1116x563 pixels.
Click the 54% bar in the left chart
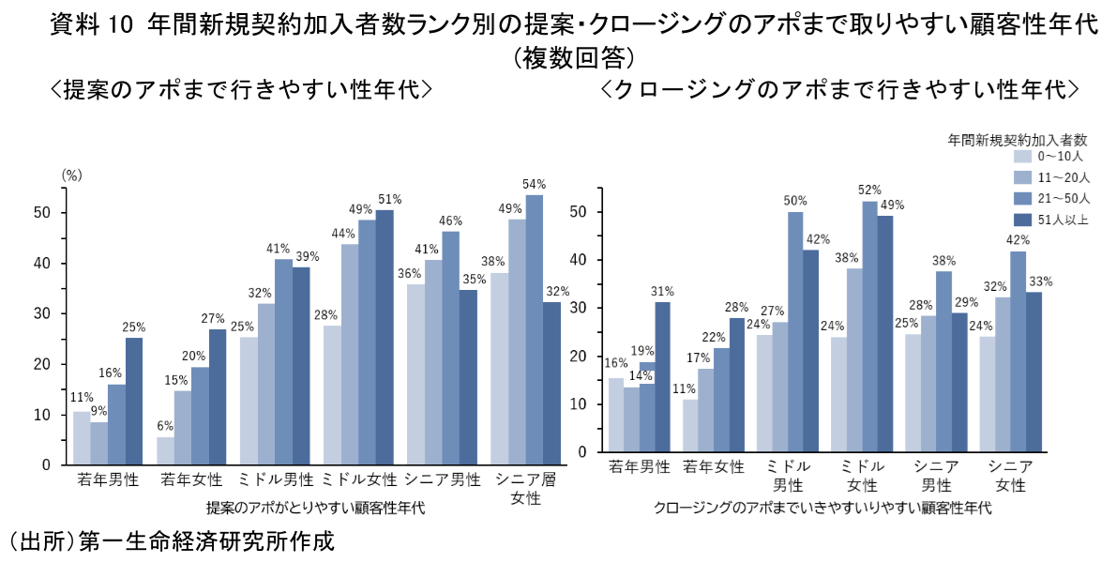pyautogui.click(x=535, y=329)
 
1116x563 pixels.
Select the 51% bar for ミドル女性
pyautogui.click(x=385, y=337)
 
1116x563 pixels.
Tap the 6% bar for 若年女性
pyautogui.click(x=165, y=450)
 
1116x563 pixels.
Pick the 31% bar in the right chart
pyautogui.click(x=662, y=376)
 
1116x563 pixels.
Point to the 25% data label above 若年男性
pyautogui.click(x=134, y=327)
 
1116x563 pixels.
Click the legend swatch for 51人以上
pyautogui.click(x=1024, y=220)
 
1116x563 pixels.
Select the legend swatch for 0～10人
pyautogui.click(x=1024, y=157)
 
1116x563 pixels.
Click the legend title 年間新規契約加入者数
pyautogui.click(x=1018, y=139)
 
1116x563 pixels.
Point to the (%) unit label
pyautogui.click(x=72, y=175)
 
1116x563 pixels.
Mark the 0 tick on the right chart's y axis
pyautogui.click(x=581, y=452)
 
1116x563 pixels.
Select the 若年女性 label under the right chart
pyautogui.click(x=714, y=466)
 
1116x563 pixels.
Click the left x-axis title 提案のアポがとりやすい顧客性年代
pyautogui.click(x=315, y=509)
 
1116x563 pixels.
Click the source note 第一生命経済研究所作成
pyautogui.click(x=206, y=542)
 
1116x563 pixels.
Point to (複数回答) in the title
pyautogui.click(x=574, y=58)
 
